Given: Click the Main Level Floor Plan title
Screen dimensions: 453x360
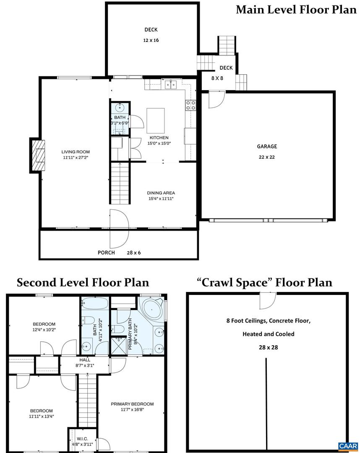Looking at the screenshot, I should click(x=296, y=10).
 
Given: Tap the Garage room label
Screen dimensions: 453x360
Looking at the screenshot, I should click(x=267, y=146).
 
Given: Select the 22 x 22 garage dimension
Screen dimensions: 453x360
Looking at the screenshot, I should click(x=267, y=157).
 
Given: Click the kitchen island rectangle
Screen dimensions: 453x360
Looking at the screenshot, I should click(x=155, y=120).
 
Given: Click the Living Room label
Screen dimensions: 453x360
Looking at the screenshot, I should click(x=76, y=152).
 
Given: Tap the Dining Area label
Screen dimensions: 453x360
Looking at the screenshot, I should click(x=161, y=193).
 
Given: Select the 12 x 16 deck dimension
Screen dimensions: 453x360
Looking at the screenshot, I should click(x=151, y=41).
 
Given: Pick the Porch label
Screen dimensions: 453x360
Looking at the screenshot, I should click(x=106, y=253).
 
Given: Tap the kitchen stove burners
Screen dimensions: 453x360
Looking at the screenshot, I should click(x=191, y=105).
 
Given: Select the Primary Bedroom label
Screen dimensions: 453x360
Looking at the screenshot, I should click(x=132, y=404).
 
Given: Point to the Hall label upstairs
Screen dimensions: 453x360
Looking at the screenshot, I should click(x=85, y=360).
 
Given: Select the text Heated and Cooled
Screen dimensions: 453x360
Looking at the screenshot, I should click(x=269, y=334).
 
